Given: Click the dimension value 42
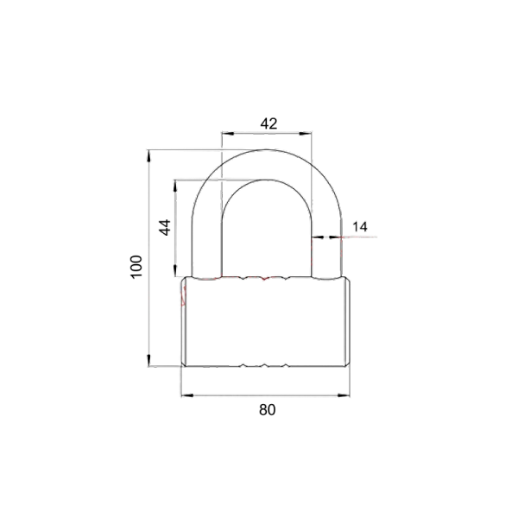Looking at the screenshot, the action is click(x=268, y=123).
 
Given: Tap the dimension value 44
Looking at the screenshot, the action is click(x=165, y=227).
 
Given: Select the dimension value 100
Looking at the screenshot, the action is click(x=136, y=267).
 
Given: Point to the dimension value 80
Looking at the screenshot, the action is click(x=268, y=409).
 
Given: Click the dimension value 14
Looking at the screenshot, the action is click(x=359, y=227).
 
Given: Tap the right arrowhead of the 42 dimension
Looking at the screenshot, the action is click(x=306, y=134).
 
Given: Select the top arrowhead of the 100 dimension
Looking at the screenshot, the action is click(x=149, y=156).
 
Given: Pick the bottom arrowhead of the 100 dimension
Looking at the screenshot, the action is click(x=149, y=360).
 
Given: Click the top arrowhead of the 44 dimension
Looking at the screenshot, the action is click(x=175, y=186).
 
